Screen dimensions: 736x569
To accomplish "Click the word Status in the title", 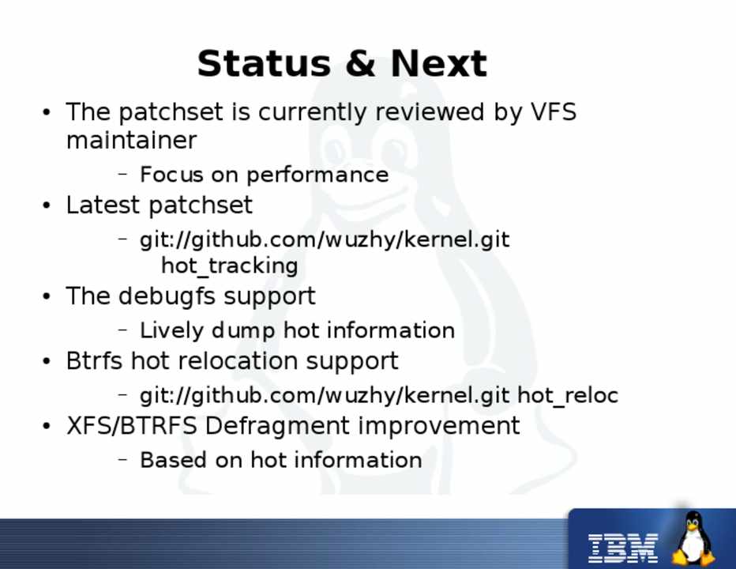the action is click(264, 63).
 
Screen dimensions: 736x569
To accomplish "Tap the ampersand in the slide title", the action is click(360, 63).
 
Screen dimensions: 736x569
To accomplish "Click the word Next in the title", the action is click(439, 63).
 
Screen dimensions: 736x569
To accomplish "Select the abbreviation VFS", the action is click(554, 112).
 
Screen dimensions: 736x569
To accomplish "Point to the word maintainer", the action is click(131, 140).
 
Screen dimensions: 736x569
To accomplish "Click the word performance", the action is click(317, 175).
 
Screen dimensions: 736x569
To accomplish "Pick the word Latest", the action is click(103, 205).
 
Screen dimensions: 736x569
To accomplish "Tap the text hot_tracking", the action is click(230, 266).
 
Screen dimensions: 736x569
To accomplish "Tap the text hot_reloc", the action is click(568, 396).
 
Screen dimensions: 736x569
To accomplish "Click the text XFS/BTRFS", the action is click(131, 426).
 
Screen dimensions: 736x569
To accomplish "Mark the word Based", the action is click(173, 460).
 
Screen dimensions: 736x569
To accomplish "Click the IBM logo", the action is click(623, 548).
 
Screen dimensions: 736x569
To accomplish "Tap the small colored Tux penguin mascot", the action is click(693, 538).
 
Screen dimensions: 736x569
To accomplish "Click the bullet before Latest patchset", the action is click(46, 205).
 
